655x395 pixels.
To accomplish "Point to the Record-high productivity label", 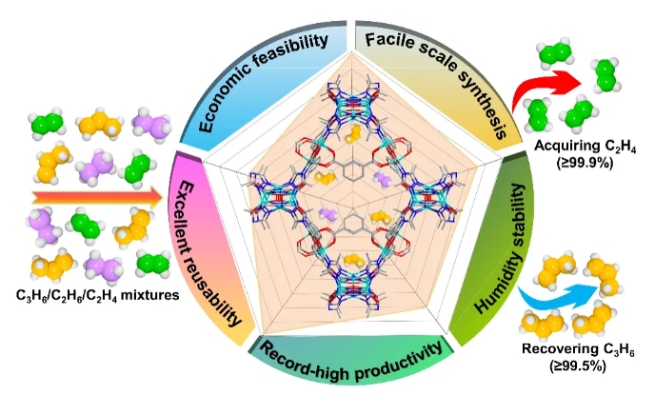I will [x=351, y=353].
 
